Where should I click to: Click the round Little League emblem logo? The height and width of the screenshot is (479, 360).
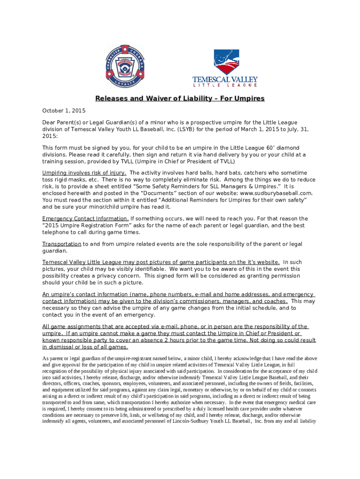[x=122, y=67]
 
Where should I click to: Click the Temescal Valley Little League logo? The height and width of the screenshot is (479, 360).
[x=225, y=68]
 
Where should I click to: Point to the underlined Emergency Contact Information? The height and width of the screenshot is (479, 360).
[x=86, y=218]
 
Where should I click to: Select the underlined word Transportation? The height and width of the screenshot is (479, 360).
[x=62, y=244]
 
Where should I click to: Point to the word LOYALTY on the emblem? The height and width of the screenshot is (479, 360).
[x=123, y=85]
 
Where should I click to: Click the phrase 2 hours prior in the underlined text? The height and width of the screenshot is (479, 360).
[x=189, y=341]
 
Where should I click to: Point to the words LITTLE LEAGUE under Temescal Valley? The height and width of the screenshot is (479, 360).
[x=225, y=85]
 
